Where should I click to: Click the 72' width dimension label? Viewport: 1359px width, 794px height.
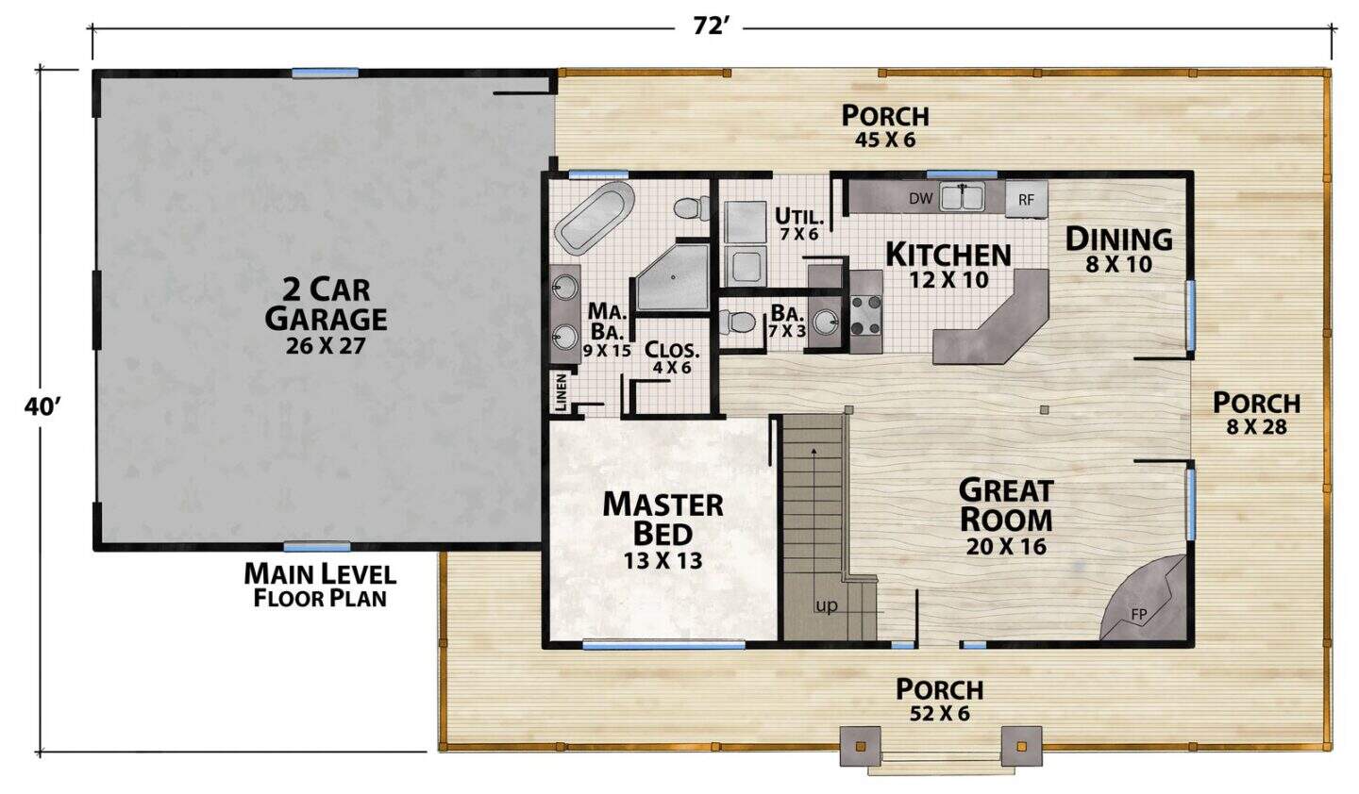[708, 26]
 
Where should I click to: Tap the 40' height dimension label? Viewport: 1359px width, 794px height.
[42, 407]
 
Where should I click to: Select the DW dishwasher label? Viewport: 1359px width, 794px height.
[920, 198]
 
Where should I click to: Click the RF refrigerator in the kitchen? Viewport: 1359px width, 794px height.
[1026, 199]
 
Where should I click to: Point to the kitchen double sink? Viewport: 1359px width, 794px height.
[963, 197]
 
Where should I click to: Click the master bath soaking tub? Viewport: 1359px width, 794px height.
[596, 216]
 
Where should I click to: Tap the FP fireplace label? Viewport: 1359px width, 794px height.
[1139, 615]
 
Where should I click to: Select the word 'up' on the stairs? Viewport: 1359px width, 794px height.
[827, 605]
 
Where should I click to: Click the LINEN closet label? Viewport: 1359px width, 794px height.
[561, 393]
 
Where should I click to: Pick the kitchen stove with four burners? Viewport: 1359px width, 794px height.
[865, 315]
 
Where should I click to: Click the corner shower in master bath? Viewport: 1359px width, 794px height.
[672, 277]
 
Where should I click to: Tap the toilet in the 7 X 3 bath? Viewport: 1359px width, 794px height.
[737, 322]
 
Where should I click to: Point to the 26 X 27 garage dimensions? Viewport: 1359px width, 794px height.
[326, 346]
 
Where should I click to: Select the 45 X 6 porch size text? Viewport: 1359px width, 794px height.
[885, 140]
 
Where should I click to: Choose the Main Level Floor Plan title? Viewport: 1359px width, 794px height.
[320, 586]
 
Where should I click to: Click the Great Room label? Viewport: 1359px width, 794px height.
[1006, 505]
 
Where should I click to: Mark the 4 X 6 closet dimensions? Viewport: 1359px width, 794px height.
[672, 368]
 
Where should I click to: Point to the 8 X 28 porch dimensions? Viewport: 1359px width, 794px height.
[1256, 426]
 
